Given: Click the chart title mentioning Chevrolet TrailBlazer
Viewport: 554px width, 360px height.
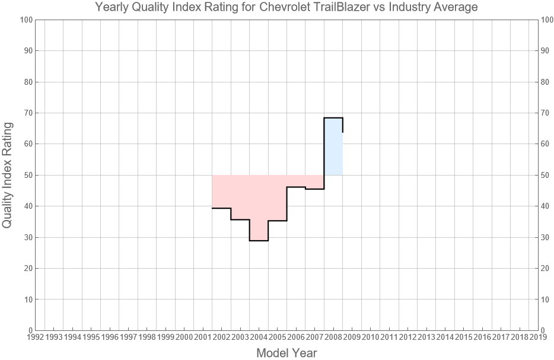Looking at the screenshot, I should pos(286,8).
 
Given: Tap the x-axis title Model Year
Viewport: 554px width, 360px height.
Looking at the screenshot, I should pos(286,353).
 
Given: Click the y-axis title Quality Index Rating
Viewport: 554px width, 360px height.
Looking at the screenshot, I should pos(8,175).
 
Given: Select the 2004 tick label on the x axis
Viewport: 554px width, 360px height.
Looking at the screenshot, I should pos(259,337).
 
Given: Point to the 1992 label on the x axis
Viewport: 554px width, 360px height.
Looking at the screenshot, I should pos(35,337).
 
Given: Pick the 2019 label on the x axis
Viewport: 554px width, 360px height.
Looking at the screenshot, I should pos(538,337).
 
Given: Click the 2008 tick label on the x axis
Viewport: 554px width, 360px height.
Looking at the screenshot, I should pos(333,337).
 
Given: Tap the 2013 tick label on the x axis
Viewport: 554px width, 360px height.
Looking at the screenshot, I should pos(426,337).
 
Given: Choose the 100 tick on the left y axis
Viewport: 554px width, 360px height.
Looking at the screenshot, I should pos(25,20).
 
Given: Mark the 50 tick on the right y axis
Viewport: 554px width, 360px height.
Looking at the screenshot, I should pos(547,175).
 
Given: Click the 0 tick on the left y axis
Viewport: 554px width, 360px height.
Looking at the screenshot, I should pos(29,330).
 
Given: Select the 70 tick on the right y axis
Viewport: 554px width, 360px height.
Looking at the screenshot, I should pos(547,113).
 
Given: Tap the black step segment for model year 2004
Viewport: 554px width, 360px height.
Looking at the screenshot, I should pos(259,240).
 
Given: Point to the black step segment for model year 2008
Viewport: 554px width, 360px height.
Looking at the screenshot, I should pos(333,118).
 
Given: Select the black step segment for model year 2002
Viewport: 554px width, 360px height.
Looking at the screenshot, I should pos(221,208).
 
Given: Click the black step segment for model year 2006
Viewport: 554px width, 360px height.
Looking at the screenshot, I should pos(296,187).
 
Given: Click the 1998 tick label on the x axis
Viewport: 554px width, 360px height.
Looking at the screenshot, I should pos(147,337).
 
